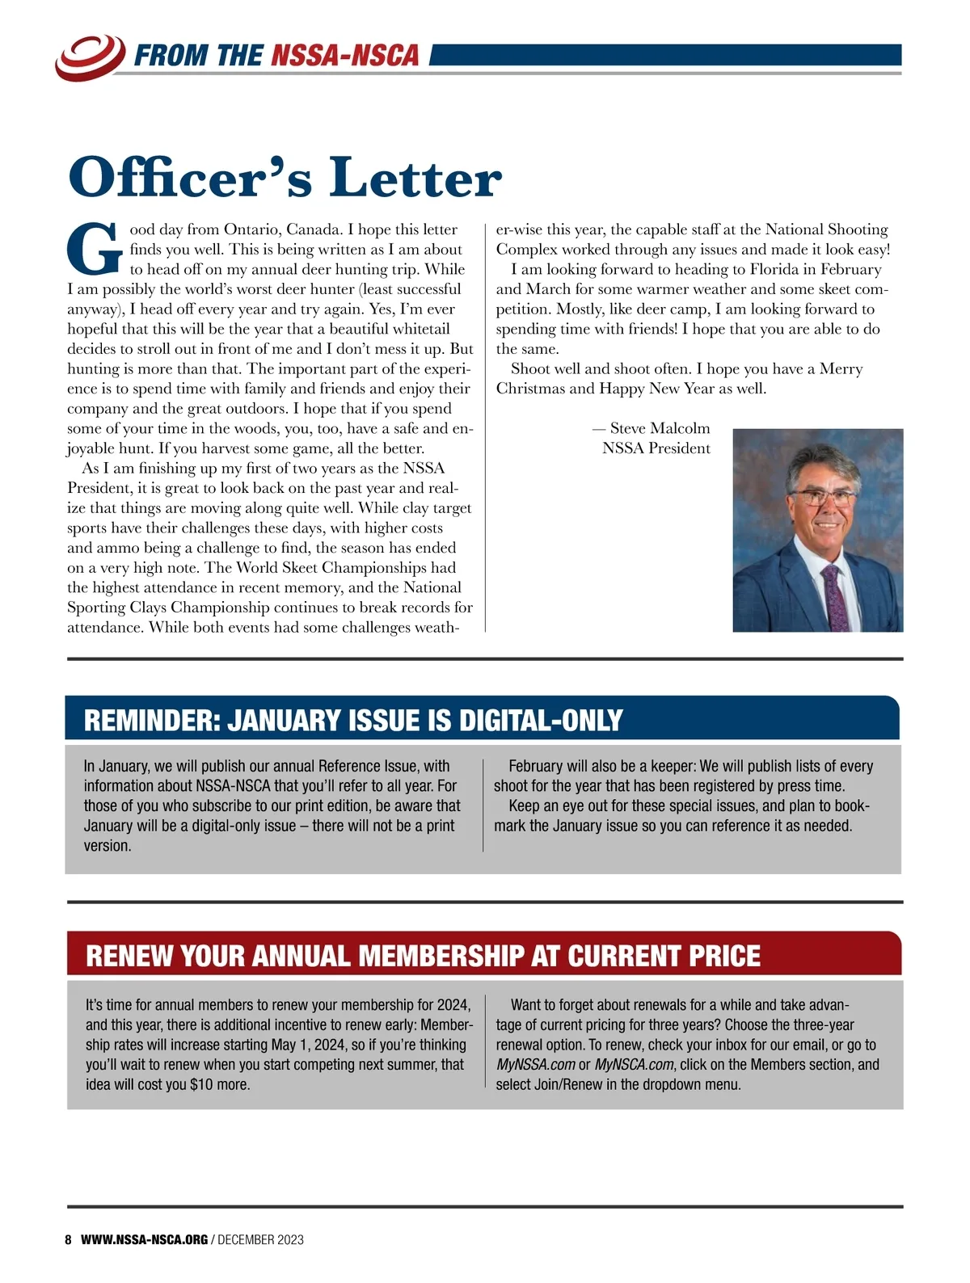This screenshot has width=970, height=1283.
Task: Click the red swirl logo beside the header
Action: [90, 57]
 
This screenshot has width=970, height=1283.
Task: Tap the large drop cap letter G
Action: [95, 248]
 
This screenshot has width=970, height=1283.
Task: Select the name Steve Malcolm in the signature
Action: [660, 428]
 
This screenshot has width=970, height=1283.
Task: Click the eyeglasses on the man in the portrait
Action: [821, 496]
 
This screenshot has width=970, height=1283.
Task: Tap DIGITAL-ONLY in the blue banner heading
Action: [541, 721]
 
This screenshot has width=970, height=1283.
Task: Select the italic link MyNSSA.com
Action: [535, 1065]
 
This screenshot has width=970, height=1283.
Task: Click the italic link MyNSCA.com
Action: [634, 1065]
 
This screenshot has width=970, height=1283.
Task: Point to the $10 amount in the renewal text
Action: [202, 1085]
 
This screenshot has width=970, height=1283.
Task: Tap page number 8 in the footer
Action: [69, 1239]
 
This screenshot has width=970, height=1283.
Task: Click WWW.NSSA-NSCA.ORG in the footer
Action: [145, 1239]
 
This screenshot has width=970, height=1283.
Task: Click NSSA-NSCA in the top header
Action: [345, 56]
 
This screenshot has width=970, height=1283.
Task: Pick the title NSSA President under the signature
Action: [656, 448]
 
